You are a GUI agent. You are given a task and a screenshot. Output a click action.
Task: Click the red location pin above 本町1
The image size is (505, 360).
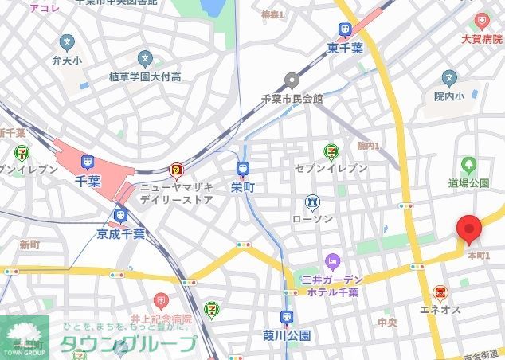pos(468,229)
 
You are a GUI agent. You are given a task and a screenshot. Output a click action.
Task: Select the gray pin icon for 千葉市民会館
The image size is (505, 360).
pos(292,80)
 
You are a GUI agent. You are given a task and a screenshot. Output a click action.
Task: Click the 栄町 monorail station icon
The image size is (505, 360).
pos(243,168)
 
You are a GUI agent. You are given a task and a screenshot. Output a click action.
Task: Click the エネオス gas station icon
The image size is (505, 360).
pos(439,293)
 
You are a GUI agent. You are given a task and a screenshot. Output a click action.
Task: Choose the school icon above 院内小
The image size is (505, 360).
pos(450,77)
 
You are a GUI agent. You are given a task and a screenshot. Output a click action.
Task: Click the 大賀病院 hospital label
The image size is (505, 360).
pos(484,37)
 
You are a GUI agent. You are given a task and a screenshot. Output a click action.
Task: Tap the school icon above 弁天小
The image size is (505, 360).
pos(67,41)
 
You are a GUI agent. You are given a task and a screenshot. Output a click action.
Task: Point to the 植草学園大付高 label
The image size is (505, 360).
pos(145,77)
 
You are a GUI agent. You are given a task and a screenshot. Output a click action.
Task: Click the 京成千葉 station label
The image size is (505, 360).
pos(120,234)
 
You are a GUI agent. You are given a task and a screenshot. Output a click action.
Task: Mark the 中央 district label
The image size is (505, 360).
pos(387,323)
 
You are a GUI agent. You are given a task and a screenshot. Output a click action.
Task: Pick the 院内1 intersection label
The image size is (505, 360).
pos(368,146)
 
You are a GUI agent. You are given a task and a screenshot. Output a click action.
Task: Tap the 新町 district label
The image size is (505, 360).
pos(29,244)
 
